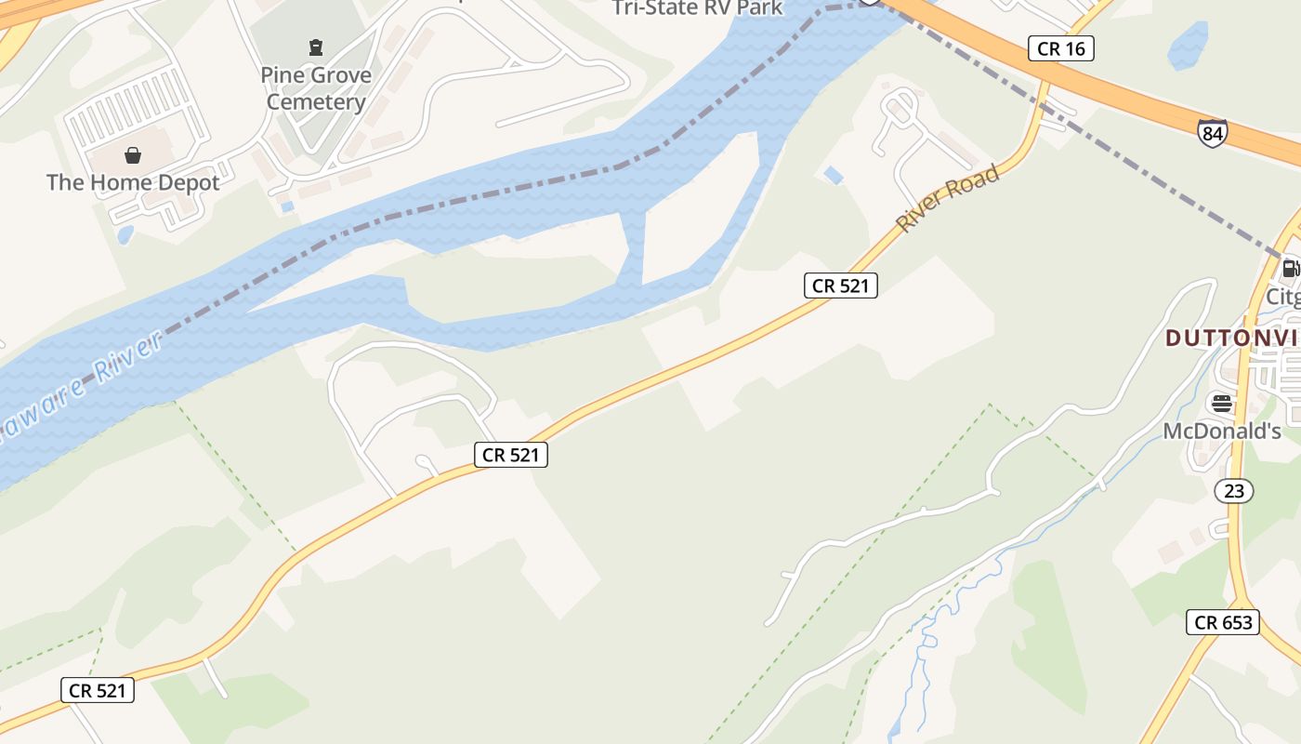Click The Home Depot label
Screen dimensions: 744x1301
133,182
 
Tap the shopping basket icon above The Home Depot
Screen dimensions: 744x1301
133,154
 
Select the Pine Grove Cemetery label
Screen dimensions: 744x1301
316,88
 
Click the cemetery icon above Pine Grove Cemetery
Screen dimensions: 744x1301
316,46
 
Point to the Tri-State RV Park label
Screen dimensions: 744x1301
697,8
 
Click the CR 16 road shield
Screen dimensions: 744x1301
1060,48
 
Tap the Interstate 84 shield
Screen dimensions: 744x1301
1212,133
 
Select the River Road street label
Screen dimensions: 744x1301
947,198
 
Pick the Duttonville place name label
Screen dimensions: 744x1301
1231,338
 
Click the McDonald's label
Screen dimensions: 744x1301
1222,432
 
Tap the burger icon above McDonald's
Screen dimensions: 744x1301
1221,404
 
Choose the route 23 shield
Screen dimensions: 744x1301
1234,490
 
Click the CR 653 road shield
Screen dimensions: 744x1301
1222,622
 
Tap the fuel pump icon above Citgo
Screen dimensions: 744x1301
1291,270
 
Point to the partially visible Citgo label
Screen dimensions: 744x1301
1283,297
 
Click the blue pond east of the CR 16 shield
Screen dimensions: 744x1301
1189,46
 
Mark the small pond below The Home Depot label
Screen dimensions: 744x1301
125,234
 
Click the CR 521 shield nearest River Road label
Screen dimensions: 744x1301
840,286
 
